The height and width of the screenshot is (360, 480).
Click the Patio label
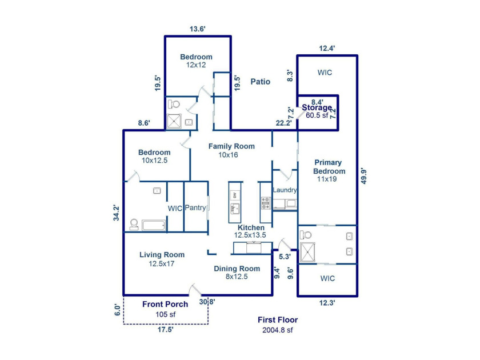click(x=260, y=82)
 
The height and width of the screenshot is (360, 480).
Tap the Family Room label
click(x=231, y=146)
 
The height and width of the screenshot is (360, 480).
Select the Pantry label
click(x=195, y=207)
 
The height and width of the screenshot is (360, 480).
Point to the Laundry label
click(x=285, y=190)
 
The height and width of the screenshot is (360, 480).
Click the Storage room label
click(x=317, y=107)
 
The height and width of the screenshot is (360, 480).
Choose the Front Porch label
click(x=165, y=304)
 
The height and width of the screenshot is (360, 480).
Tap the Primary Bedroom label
click(x=329, y=167)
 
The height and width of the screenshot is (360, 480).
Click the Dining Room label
click(x=237, y=269)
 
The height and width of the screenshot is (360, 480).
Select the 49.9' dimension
click(x=363, y=176)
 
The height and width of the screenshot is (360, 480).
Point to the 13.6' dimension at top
click(x=198, y=29)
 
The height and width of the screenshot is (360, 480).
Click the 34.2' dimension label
click(x=117, y=213)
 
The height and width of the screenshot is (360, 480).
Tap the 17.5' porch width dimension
click(x=166, y=330)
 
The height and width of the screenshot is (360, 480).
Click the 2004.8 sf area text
click(x=278, y=330)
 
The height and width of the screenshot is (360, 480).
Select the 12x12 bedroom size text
click(x=196, y=65)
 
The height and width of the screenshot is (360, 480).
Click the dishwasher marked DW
click(x=235, y=195)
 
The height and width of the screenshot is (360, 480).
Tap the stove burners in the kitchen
click(x=266, y=203)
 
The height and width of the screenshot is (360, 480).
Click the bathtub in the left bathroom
click(x=154, y=225)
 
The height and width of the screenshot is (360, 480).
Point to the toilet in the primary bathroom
click(x=306, y=235)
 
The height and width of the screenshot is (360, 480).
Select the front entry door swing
click(x=194, y=290)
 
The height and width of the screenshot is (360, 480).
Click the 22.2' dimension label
click(x=283, y=123)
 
